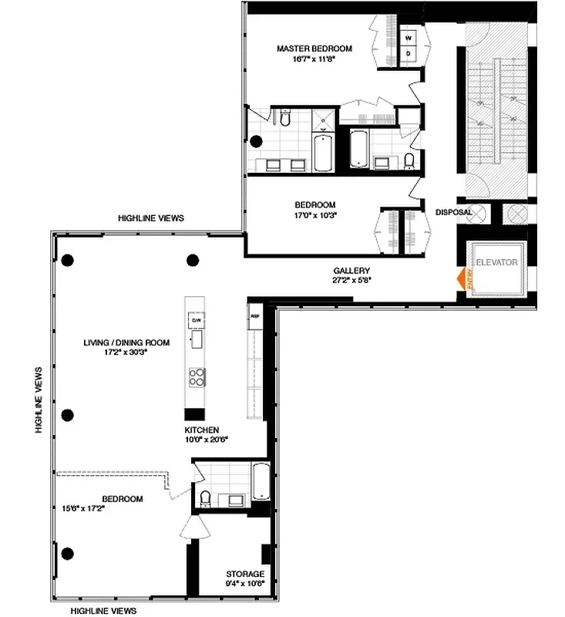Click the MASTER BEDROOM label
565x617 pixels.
click(314, 49)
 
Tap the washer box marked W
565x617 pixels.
click(409, 36)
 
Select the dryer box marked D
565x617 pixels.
click(409, 53)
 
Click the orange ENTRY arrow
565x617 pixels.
click(463, 278)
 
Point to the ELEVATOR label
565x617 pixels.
click(496, 263)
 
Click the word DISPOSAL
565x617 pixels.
click(453, 212)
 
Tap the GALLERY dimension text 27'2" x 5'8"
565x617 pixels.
click(352, 281)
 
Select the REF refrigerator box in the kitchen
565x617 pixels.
click(254, 315)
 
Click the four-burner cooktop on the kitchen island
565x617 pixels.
click(197, 376)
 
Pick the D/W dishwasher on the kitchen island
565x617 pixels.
click(197, 319)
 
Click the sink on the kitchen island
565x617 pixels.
click(197, 339)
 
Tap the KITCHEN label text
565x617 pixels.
click(201, 430)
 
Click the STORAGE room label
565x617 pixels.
click(245, 574)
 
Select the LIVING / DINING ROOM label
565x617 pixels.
click(126, 342)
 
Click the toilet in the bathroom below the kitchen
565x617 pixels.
click(206, 499)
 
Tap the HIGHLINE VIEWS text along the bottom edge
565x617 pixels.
click(103, 610)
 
